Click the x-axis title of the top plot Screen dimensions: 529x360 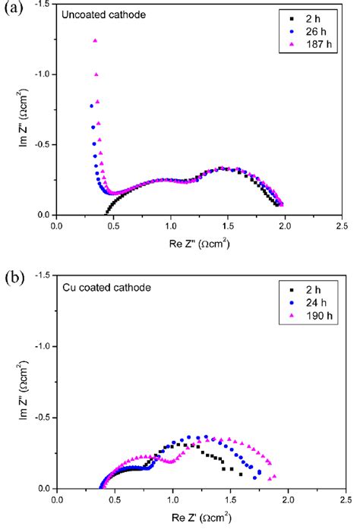tap(199, 244)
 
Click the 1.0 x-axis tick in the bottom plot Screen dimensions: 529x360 tap(172, 501)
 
